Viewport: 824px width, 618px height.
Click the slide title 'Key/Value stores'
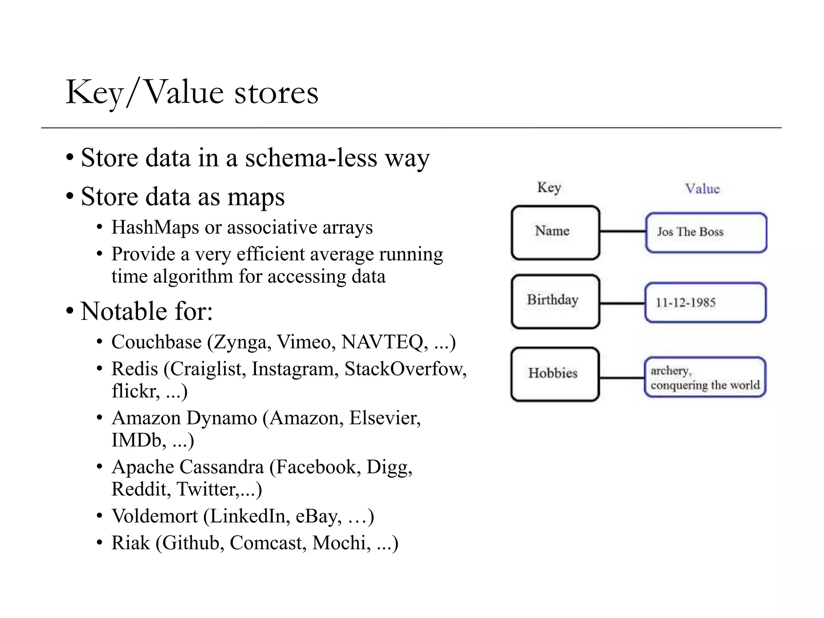(192, 93)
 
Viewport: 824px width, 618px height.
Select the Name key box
(555, 232)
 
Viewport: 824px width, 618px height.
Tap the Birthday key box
(555, 301)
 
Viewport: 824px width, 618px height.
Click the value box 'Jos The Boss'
(706, 232)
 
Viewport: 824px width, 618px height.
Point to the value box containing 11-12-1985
(705, 302)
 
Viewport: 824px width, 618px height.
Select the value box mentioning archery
(705, 377)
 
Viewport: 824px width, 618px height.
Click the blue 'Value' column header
(702, 189)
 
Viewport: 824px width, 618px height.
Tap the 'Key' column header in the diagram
(549, 187)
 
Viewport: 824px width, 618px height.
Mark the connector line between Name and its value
(622, 231)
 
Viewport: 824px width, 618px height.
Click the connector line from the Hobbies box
(622, 378)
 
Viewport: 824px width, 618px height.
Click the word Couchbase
(156, 342)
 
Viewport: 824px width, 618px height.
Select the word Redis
(135, 369)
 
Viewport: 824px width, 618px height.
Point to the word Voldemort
(154, 516)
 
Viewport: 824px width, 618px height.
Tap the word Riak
(130, 543)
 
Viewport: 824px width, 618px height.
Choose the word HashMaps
(155, 227)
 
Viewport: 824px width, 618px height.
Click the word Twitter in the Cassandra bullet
(206, 489)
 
